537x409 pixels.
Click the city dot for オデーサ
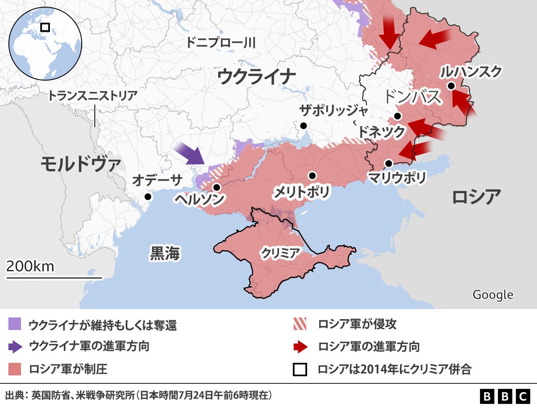click(x=148, y=197)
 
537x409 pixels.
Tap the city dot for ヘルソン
click(x=216, y=187)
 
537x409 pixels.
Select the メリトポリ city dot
click(x=312, y=176)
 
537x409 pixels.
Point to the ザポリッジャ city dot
click(x=303, y=126)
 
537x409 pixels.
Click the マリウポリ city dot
click(x=388, y=163)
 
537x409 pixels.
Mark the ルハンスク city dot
click(x=451, y=86)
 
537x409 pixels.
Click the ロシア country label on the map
click(x=477, y=197)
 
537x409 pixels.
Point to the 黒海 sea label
click(x=165, y=253)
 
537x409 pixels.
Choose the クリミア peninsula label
click(x=280, y=253)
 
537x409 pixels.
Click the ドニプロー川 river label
click(x=221, y=42)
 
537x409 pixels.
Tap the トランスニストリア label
click(x=93, y=96)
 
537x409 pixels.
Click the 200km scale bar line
click(x=54, y=278)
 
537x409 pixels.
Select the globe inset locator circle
click(x=45, y=44)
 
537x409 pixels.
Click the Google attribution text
click(x=493, y=295)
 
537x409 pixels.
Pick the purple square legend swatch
click(x=14, y=324)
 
